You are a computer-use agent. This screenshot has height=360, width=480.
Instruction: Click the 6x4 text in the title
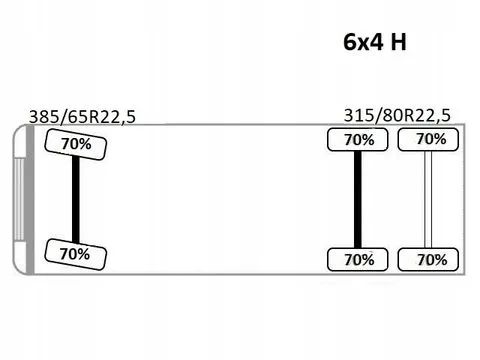pyautogui.click(x=363, y=42)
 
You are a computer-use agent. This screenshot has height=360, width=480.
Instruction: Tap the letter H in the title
pyautogui.click(x=399, y=42)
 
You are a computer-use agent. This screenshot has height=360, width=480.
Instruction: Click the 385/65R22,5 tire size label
pyautogui.click(x=82, y=117)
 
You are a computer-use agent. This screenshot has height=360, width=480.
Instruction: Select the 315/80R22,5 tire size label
pyautogui.click(x=397, y=115)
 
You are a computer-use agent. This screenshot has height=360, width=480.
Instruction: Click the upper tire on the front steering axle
pyautogui.click(x=76, y=144)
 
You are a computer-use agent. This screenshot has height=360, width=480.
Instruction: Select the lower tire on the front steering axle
pyautogui.click(x=75, y=254)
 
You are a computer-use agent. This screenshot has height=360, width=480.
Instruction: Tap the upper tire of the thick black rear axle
pyautogui.click(x=358, y=140)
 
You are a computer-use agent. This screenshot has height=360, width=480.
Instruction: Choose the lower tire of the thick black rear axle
pyautogui.click(x=358, y=259)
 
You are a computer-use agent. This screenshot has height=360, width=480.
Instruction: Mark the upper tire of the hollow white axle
pyautogui.click(x=428, y=140)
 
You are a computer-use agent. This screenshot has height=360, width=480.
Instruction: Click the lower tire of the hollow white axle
pyautogui.click(x=428, y=259)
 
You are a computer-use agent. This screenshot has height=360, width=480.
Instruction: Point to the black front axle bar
pyautogui.click(x=76, y=199)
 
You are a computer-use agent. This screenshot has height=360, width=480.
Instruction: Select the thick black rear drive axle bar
pyautogui.click(x=358, y=200)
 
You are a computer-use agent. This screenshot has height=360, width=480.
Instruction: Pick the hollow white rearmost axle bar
pyautogui.click(x=428, y=200)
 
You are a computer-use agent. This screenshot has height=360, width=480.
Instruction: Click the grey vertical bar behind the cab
pyautogui.click(x=30, y=200)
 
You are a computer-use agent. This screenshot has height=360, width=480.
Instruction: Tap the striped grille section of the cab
pyautogui.click(x=19, y=199)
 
